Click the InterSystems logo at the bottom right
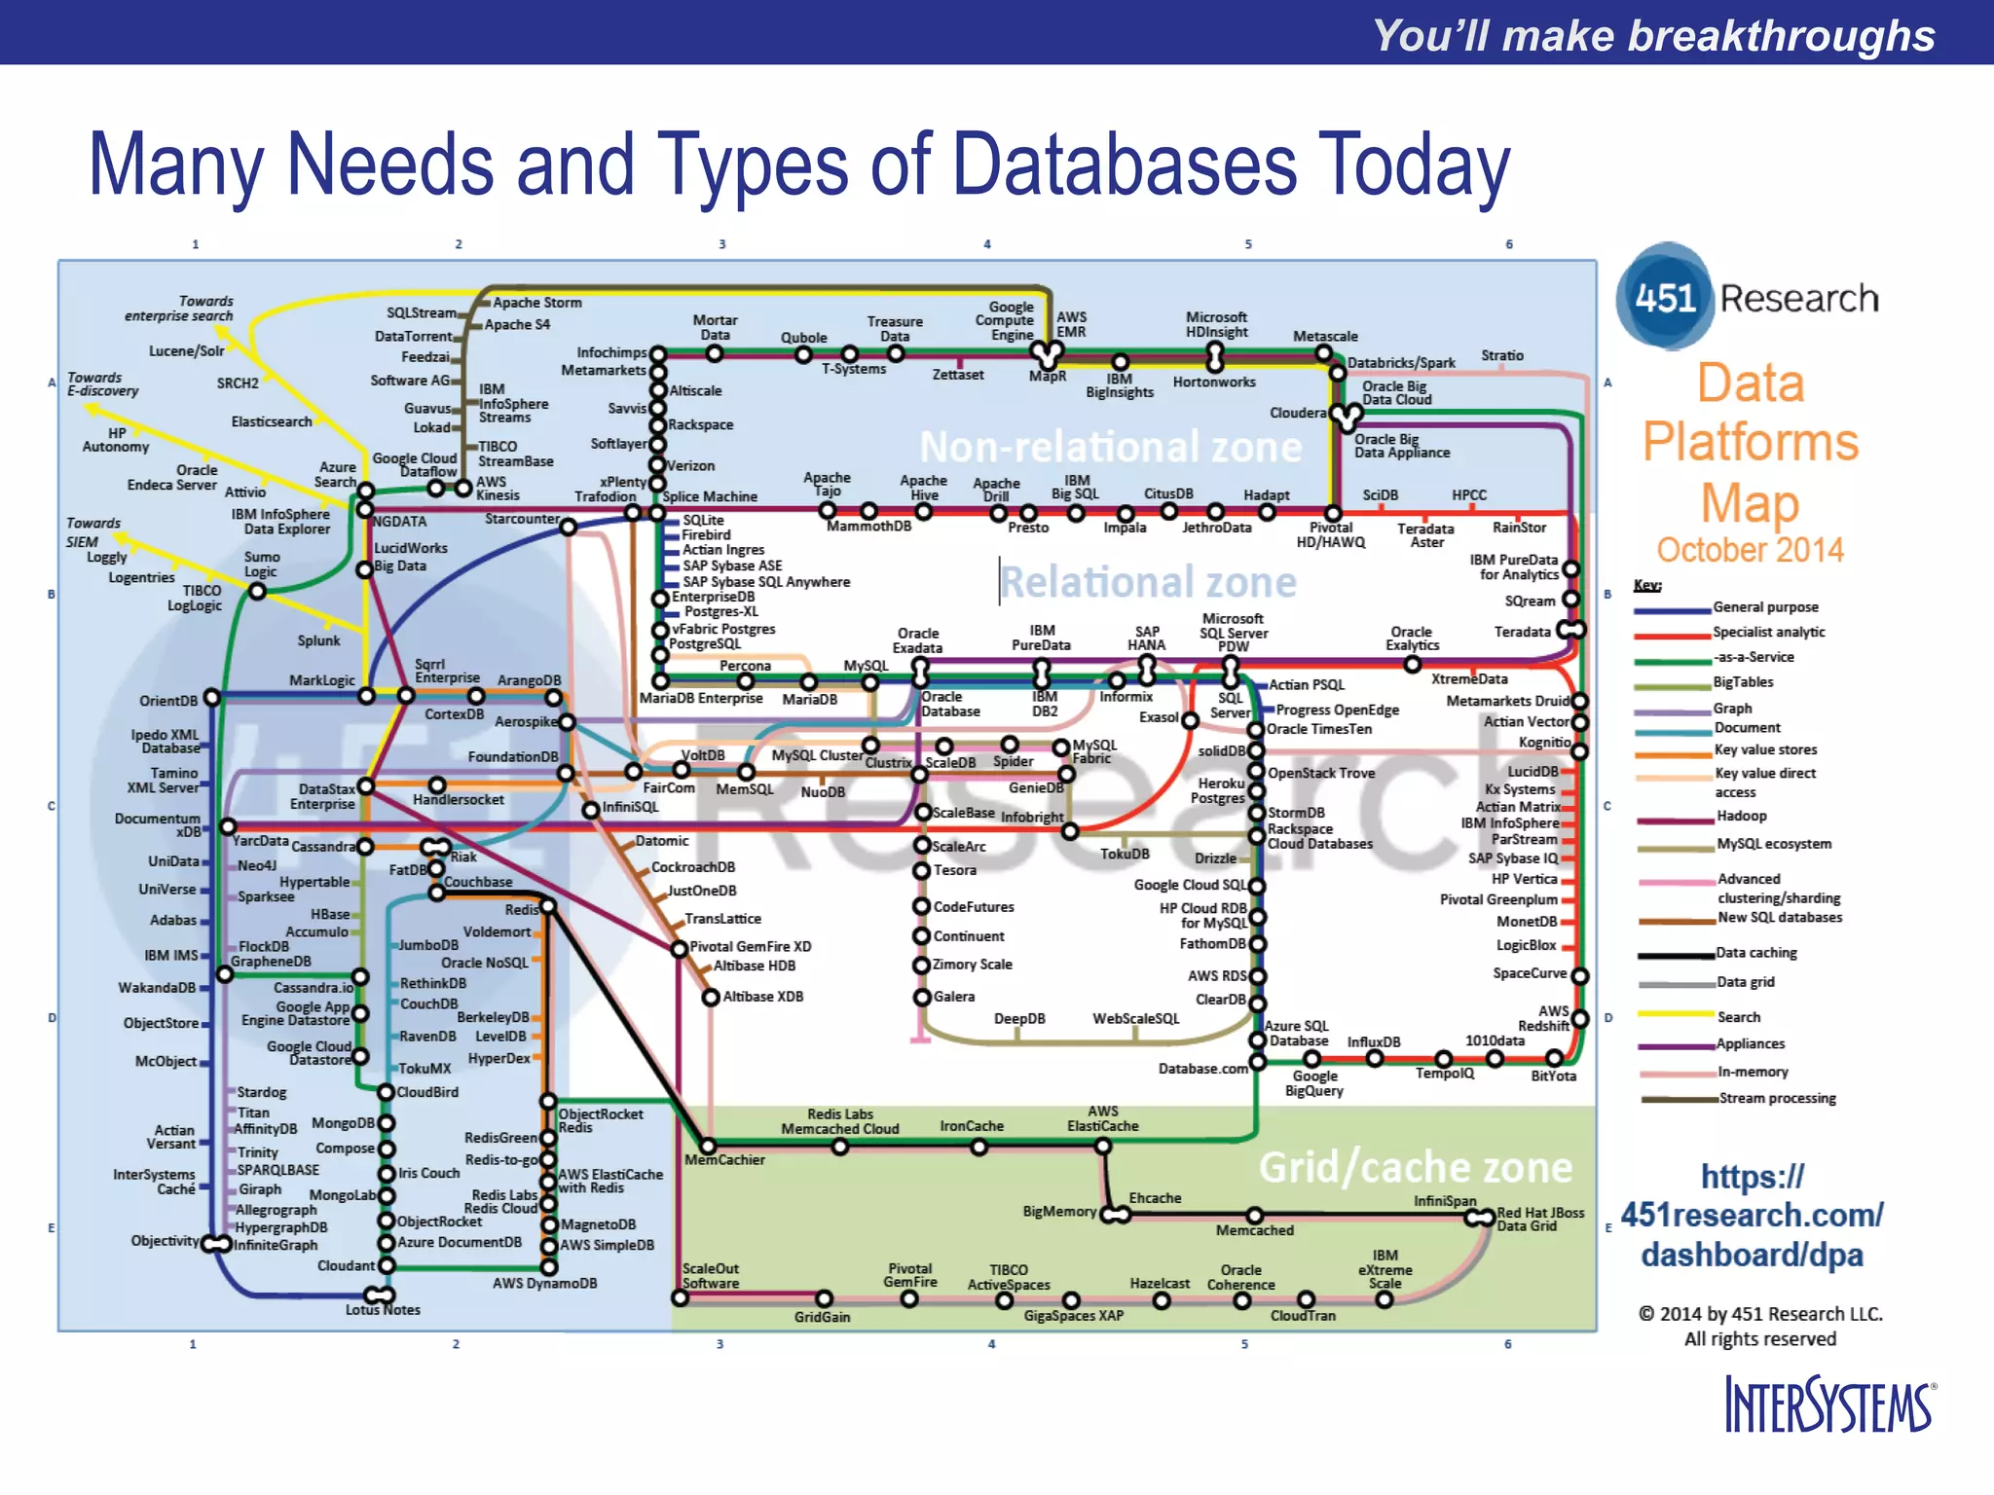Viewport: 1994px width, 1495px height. [x=1828, y=1404]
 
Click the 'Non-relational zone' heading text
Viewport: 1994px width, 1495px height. [x=1110, y=447]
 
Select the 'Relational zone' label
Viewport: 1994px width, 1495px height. [x=1148, y=582]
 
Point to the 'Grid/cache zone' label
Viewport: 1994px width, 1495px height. [x=1415, y=1167]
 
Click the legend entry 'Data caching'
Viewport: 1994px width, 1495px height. [x=1755, y=953]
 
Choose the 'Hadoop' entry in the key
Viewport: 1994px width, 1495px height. [x=1741, y=816]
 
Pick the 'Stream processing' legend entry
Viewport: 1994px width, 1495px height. [x=1777, y=1098]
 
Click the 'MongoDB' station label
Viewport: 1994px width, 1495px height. [x=343, y=1123]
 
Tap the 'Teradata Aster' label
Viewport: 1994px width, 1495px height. [x=1425, y=535]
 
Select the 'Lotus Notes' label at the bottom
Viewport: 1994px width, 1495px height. [x=383, y=1310]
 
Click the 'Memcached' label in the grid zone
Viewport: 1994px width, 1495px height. [x=1254, y=1230]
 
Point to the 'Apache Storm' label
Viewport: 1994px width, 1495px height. [x=536, y=303]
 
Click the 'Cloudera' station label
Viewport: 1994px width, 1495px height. [x=1298, y=413]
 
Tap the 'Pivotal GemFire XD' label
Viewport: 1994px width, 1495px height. [x=750, y=946]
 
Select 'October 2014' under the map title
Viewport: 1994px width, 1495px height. [x=1750, y=550]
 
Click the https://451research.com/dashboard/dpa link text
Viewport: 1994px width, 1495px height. [x=1752, y=1216]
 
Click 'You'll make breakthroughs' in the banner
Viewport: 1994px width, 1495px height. [x=1653, y=35]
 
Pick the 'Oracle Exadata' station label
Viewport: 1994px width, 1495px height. [x=917, y=640]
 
